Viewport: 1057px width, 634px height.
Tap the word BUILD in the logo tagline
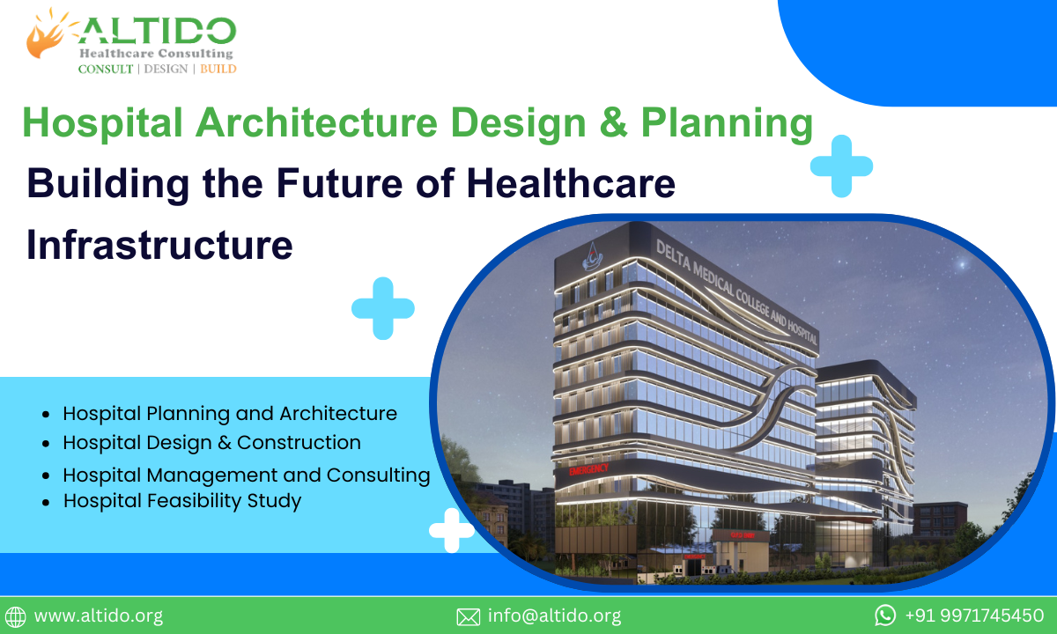pos(218,69)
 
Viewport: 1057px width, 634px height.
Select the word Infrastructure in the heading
pos(159,244)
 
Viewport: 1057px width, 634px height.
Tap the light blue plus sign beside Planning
pos(841,166)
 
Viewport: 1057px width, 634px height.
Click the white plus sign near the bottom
pos(451,530)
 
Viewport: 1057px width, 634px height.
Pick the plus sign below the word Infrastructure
pos(383,308)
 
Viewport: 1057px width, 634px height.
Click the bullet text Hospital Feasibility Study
pos(182,501)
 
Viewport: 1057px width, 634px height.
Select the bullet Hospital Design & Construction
pos(211,442)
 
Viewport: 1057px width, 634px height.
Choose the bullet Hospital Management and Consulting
pos(246,475)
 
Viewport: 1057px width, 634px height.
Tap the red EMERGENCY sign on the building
pos(588,470)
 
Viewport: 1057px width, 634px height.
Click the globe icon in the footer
pos(16,616)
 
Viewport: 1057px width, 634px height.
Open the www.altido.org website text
pos(98,616)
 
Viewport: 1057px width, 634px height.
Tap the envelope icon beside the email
pos(468,616)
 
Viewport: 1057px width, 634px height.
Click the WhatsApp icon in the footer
pos(885,615)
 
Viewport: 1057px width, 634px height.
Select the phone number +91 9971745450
pos(974,616)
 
